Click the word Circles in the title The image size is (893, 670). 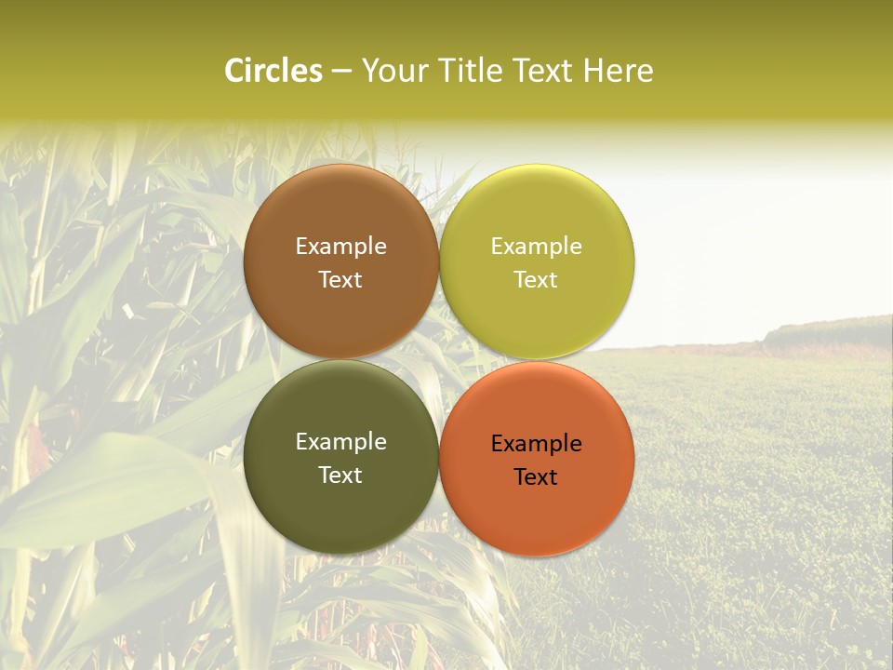tap(273, 71)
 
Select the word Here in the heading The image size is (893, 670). tap(619, 71)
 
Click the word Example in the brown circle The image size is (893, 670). tap(340, 247)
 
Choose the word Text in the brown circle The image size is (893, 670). tap(340, 280)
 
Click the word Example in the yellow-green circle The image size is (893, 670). tap(536, 247)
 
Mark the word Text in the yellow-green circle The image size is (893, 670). tap(536, 280)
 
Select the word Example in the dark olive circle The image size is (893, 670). tap(340, 442)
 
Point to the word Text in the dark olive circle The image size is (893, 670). tap(340, 476)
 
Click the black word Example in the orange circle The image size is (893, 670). tap(536, 444)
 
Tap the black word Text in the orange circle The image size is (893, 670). tap(536, 477)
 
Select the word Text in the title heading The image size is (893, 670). tap(546, 71)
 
